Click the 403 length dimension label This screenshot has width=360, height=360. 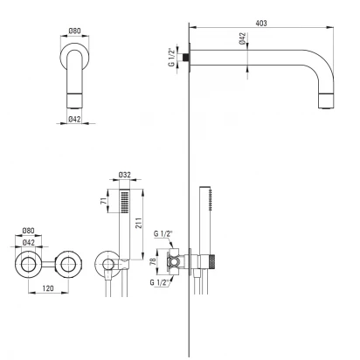tap(261, 23)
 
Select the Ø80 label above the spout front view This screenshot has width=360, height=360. tap(74, 31)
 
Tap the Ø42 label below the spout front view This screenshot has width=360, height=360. tap(74, 119)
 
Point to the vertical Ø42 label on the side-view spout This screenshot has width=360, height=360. tap(242, 38)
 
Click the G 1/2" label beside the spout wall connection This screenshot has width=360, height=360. tap(171, 57)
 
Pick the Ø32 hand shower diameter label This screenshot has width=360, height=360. tap(125, 175)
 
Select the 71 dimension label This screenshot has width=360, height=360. tap(104, 201)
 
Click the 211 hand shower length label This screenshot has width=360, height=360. tap(139, 223)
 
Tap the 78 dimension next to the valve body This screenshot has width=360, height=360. tap(153, 261)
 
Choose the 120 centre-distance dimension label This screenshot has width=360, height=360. tap(48, 288)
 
